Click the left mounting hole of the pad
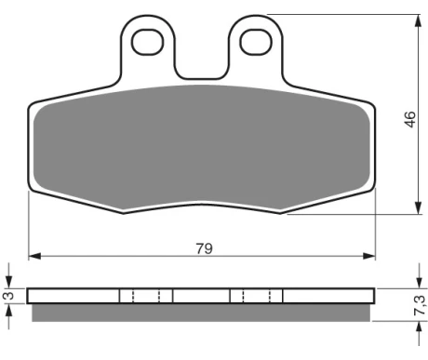click(148, 42)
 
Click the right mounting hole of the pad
click(256, 42)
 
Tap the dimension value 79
click(205, 248)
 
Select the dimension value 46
click(410, 119)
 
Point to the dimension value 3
click(9, 296)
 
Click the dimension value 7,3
click(419, 305)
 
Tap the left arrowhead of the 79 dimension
click(34, 256)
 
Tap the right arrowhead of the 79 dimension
click(369, 256)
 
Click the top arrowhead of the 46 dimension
click(419, 20)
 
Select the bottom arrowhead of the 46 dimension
click(419, 207)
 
